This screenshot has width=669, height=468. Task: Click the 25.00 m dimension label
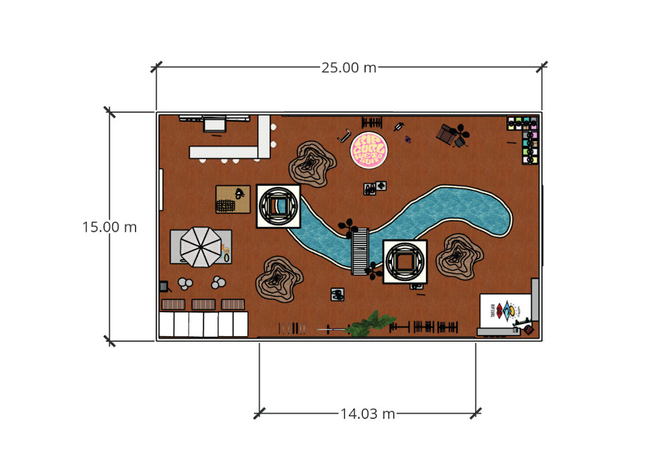[x=349, y=68]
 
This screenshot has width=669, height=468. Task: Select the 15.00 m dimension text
[x=110, y=227]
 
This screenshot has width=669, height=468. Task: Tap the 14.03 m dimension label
[x=367, y=413]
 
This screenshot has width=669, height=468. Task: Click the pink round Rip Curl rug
[x=371, y=150]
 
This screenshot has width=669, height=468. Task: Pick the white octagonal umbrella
[x=200, y=247]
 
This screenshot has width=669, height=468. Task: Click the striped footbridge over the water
[x=360, y=251]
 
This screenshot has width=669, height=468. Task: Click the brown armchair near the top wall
[x=446, y=134]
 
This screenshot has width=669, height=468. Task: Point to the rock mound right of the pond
[x=459, y=256]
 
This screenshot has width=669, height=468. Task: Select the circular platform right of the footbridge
[x=405, y=261]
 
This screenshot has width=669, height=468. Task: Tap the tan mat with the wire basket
[x=232, y=199]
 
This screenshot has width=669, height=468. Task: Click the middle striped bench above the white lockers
[x=203, y=304]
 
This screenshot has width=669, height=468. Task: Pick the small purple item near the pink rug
[x=407, y=139]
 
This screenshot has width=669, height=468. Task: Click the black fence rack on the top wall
[x=372, y=122]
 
